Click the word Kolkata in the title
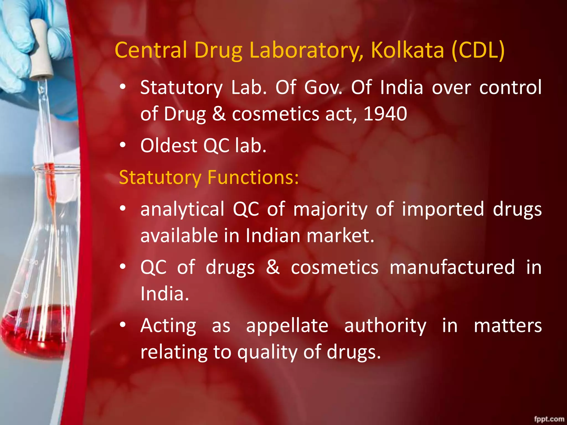407,50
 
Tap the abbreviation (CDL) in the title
478,50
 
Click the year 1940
385,114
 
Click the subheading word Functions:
253,177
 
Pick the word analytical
182,209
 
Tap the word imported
443,209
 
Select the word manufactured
452,267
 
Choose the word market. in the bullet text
340,236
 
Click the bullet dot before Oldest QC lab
123,145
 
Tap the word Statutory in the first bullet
181,87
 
